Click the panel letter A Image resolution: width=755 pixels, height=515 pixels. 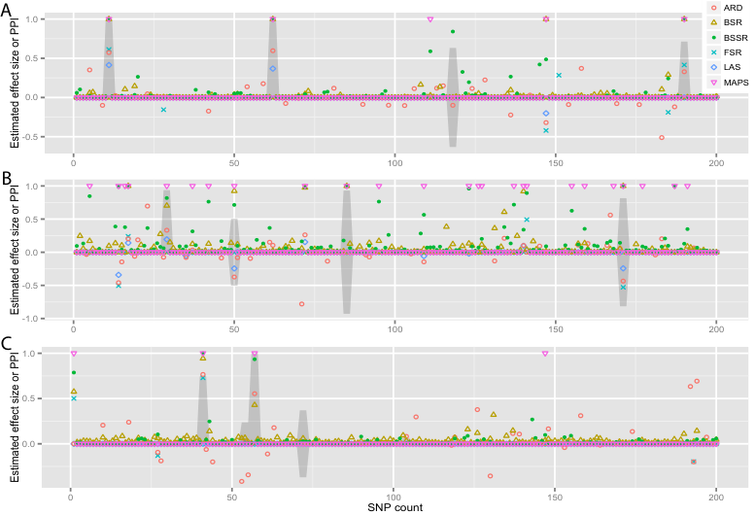coord(5,10)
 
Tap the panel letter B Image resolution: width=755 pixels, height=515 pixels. coord(6,178)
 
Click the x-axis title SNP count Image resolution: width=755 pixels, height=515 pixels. coord(395,507)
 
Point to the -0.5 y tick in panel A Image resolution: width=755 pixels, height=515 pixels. coord(31,137)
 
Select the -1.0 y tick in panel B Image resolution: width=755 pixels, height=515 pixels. coord(31,319)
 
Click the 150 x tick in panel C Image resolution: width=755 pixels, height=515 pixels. coord(555,498)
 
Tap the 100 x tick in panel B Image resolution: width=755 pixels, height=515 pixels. coord(395,329)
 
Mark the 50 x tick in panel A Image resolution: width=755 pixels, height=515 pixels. coord(234,163)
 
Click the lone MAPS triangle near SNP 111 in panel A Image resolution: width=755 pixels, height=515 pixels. coord(430,19)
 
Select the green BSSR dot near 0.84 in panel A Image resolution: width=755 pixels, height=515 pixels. coord(453,32)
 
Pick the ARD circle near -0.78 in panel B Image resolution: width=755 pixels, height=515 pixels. coord(301,304)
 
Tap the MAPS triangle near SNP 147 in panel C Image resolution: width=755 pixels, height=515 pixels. coord(545,354)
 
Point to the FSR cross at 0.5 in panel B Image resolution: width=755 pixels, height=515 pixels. coord(527,220)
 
